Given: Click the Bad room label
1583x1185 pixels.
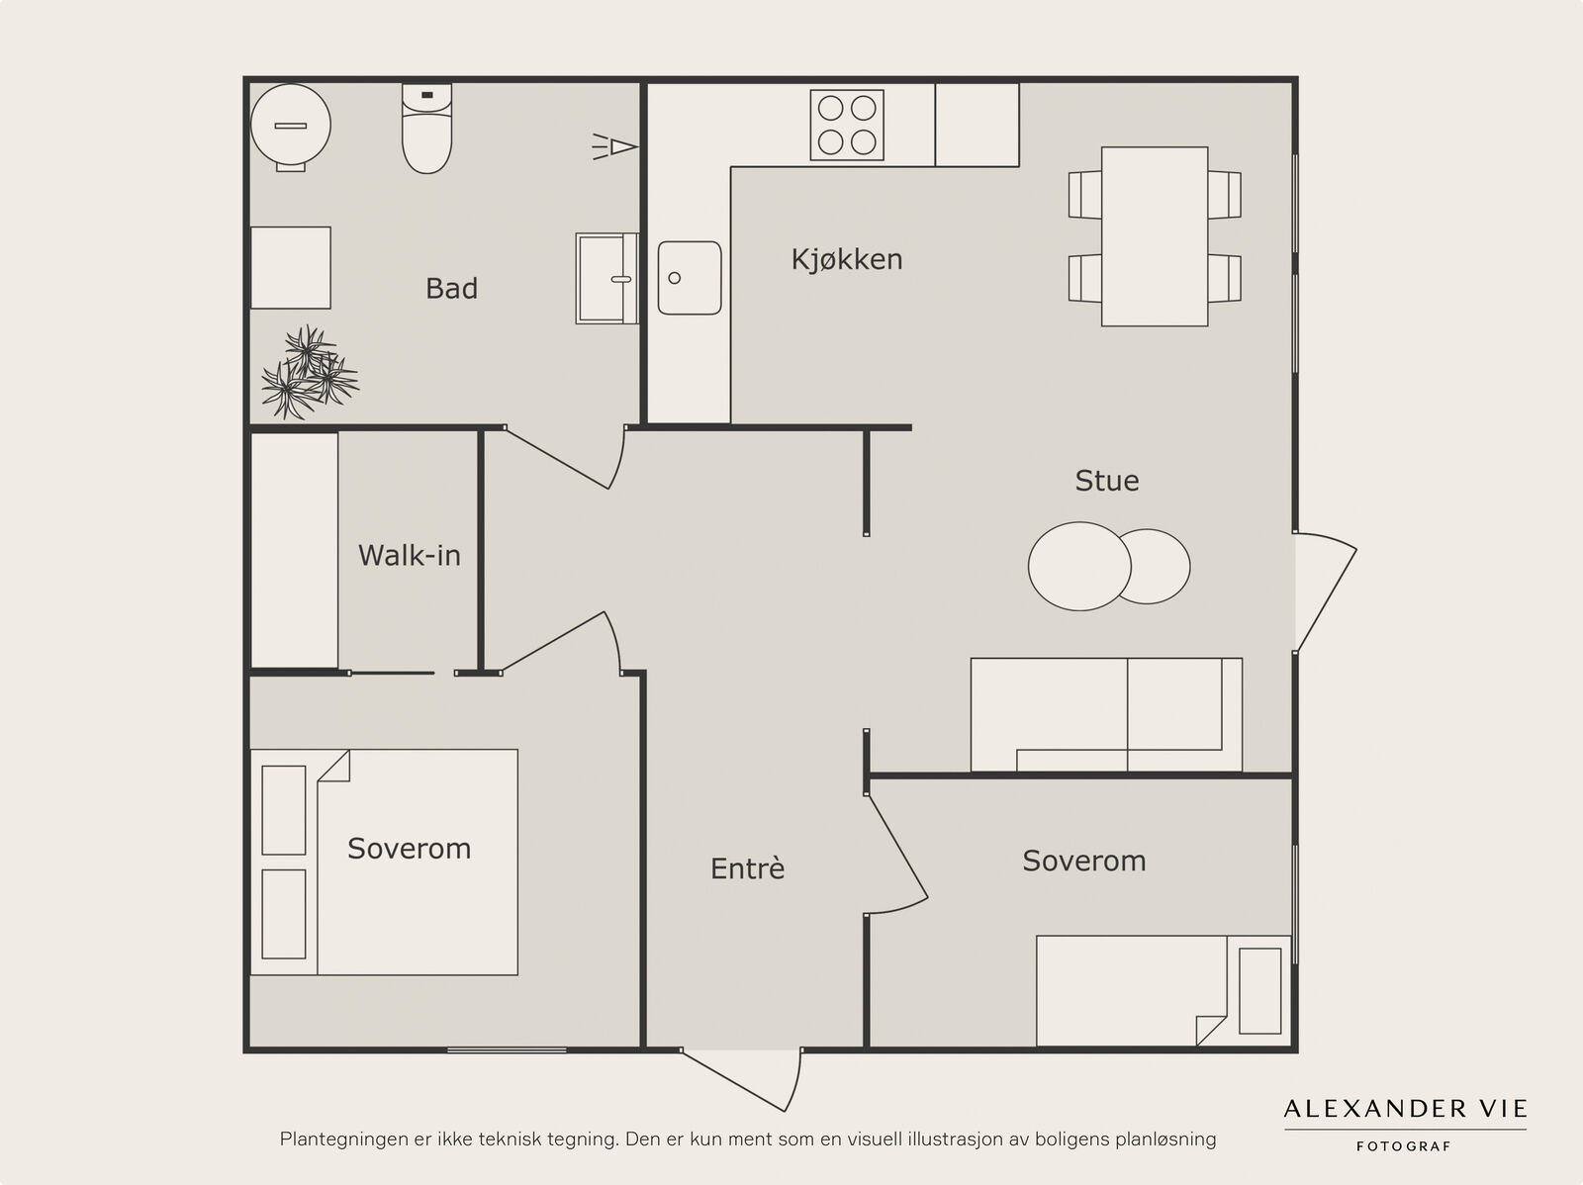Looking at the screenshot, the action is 451,288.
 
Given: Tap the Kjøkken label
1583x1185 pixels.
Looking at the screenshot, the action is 847,259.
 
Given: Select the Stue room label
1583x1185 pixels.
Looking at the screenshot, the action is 1107,481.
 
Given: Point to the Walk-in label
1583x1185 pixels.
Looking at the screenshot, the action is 409,555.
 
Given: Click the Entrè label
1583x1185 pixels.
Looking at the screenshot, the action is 747,867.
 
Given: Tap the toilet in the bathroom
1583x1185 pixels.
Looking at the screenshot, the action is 427,129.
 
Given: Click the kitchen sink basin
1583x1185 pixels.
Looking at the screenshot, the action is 690,278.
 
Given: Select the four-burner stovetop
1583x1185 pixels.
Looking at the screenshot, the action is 847,125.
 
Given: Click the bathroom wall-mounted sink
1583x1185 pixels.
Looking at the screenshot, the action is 607,278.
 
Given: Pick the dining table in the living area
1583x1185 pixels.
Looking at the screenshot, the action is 1155,236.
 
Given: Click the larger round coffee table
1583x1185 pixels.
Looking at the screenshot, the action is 1079,567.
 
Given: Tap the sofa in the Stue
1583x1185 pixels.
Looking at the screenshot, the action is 1106,714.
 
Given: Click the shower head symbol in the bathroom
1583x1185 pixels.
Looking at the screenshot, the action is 615,147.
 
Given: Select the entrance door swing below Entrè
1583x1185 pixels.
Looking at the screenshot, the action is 741,1080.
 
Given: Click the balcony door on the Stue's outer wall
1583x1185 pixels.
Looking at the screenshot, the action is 1326,592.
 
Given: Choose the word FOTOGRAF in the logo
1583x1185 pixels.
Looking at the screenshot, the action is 1403,1146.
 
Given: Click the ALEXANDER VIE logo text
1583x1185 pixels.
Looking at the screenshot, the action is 1405,1109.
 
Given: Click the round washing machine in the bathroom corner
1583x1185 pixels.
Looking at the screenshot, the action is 291,127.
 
